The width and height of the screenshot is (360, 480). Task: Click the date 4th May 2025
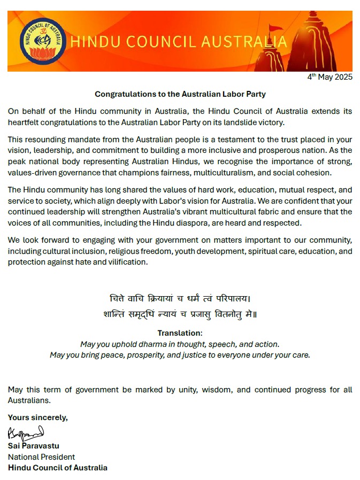pos(330,77)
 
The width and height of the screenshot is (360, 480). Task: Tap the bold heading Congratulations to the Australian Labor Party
pos(180,94)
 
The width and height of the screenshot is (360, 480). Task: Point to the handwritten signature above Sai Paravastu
pos(25,433)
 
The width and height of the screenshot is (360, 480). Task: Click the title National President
pos(41,456)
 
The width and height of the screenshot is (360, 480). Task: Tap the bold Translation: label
pos(180,333)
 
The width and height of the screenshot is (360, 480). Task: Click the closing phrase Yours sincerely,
pos(37,417)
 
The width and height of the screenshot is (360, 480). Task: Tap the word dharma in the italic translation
pos(141,344)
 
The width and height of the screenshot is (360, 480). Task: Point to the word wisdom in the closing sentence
pos(217,390)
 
